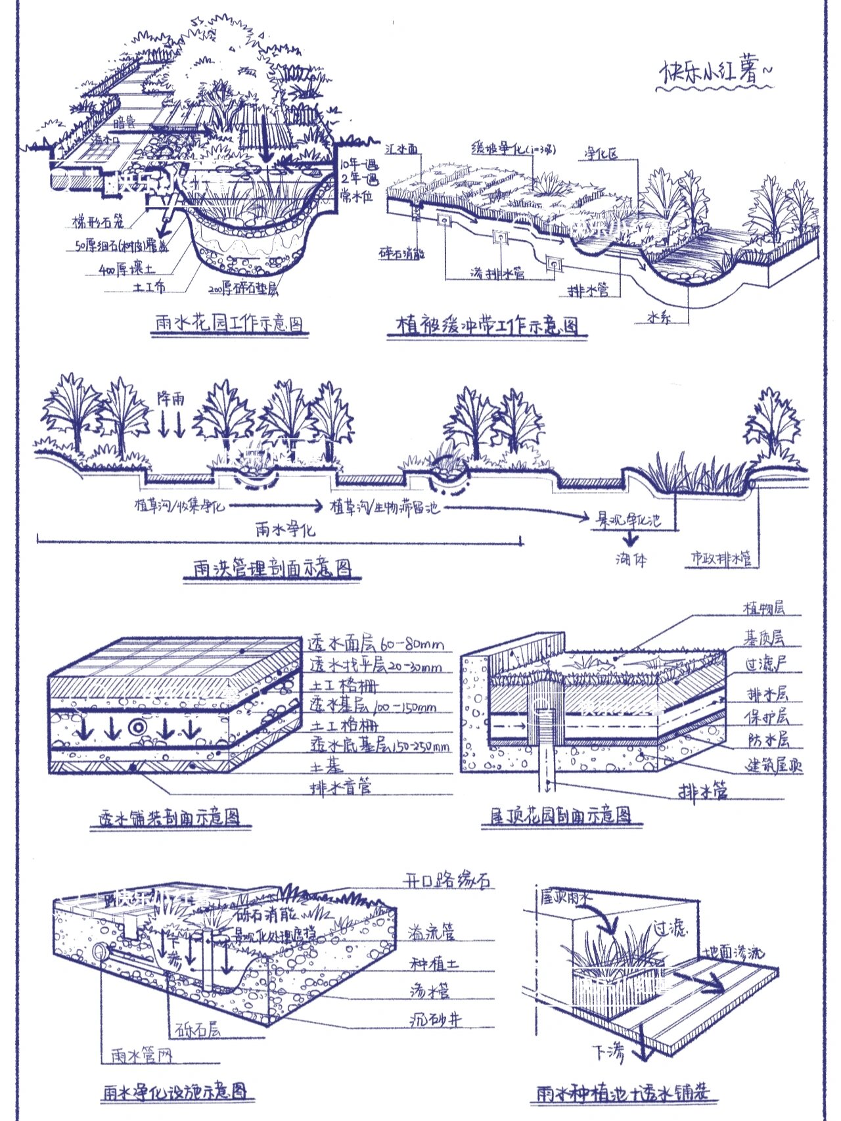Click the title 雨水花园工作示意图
click(x=229, y=323)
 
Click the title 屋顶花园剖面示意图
click(x=561, y=815)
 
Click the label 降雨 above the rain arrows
click(x=170, y=399)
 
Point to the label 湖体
click(x=631, y=559)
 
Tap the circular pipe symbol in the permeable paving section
click(x=139, y=727)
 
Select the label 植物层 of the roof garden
click(x=763, y=608)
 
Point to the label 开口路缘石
click(x=447, y=881)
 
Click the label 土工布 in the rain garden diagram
click(x=149, y=287)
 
